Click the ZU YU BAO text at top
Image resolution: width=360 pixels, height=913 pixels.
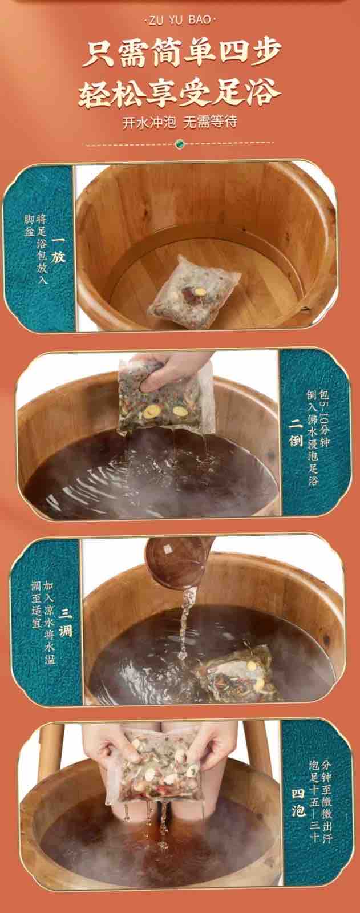(x=180, y=20)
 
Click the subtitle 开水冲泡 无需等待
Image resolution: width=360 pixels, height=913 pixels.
(x=180, y=122)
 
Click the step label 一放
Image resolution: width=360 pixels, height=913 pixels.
(x=58, y=249)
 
